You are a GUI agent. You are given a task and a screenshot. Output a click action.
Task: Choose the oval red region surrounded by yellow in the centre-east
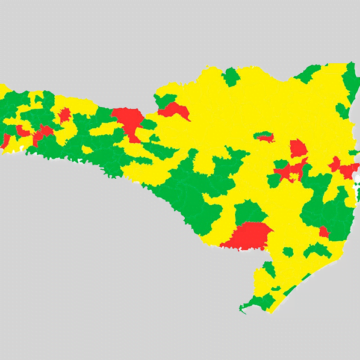pos(298,149)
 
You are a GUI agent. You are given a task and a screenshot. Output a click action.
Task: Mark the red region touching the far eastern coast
pos(345,168)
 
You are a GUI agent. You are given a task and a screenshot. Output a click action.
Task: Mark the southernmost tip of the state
pos(243,309)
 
